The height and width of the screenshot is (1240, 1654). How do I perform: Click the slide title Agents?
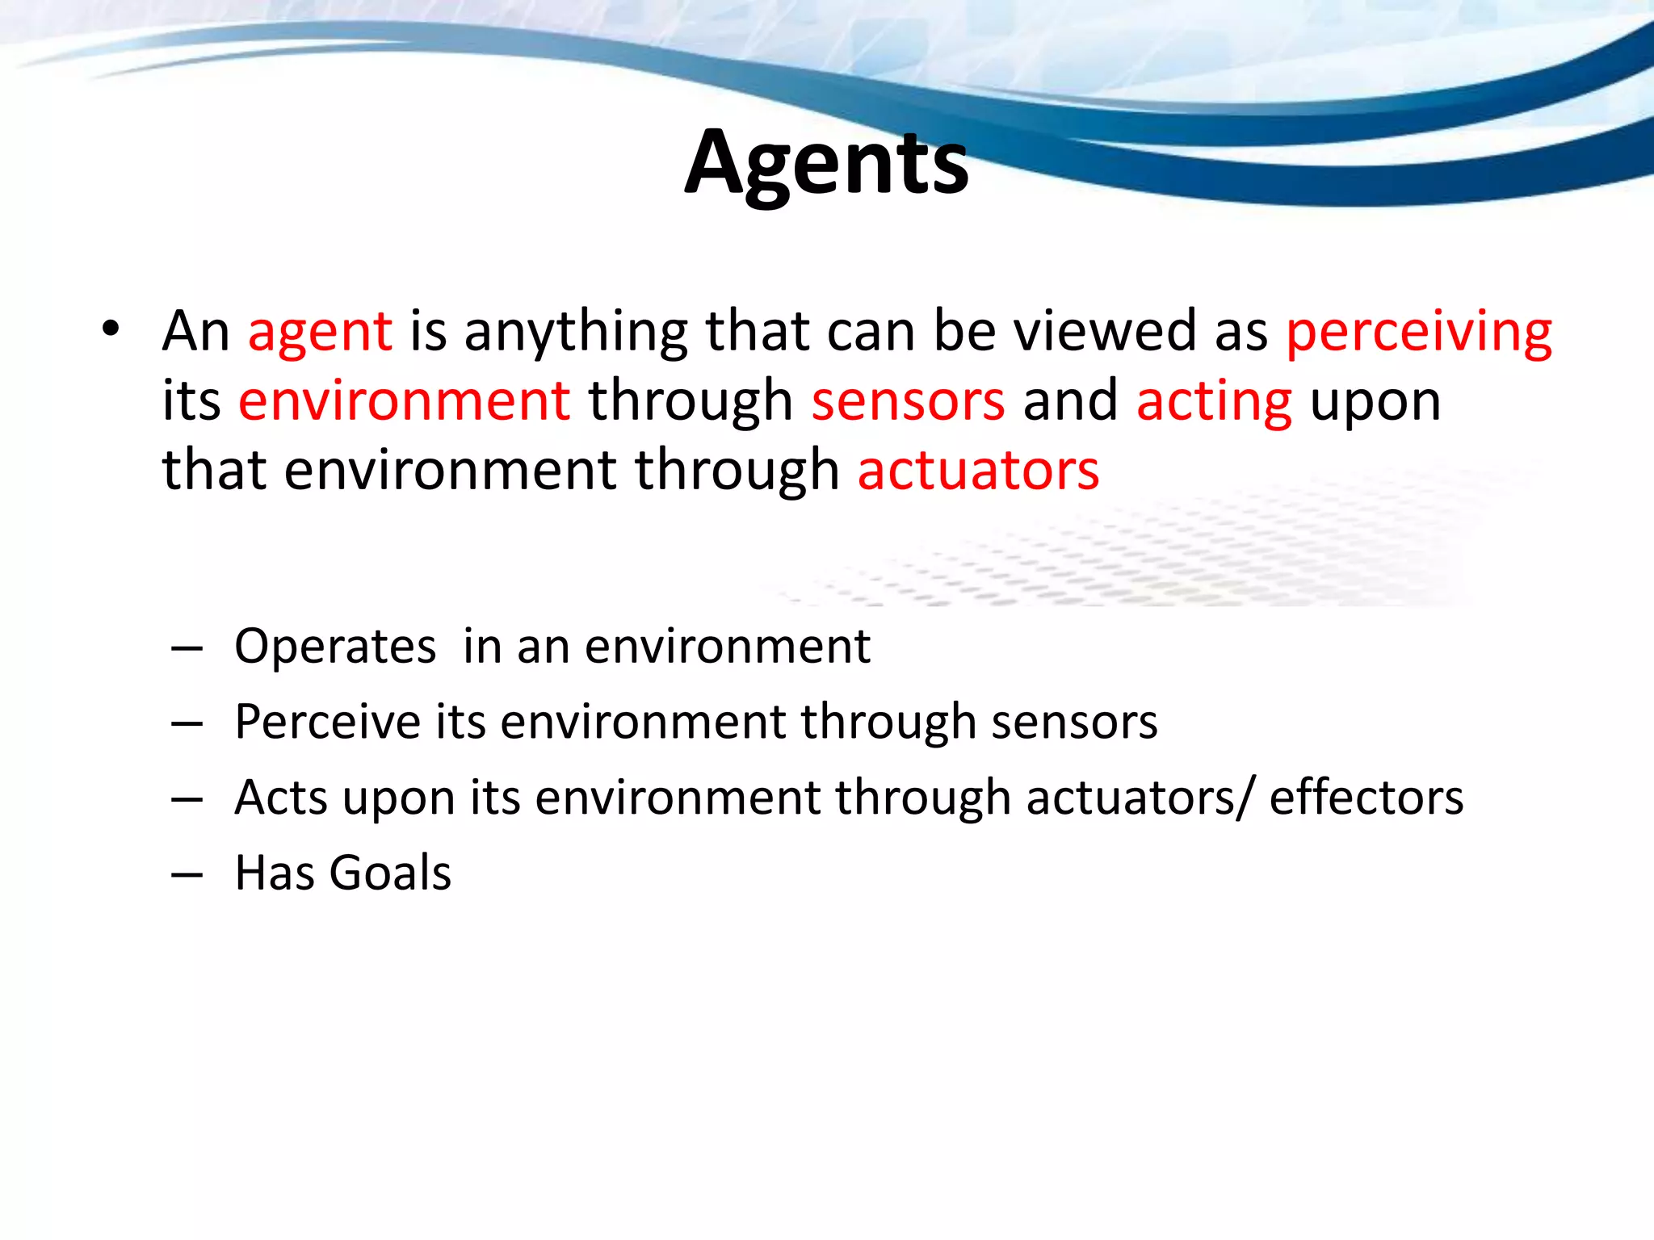[826, 165]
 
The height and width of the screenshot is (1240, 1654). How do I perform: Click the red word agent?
[320, 333]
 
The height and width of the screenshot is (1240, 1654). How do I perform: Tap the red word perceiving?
[1418, 333]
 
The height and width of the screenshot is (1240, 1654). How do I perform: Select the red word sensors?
[908, 402]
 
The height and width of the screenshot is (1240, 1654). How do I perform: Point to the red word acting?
[1214, 402]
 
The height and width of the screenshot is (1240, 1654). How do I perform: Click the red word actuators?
[977, 471]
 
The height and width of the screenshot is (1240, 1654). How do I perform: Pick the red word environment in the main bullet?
[404, 402]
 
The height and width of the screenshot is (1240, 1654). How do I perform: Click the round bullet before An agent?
[111, 329]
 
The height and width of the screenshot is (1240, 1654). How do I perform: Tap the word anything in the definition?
[576, 333]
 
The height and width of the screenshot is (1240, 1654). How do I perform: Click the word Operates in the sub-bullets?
[335, 648]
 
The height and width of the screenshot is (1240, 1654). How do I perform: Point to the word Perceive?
[327, 722]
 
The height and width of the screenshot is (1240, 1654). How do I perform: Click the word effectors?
[1366, 798]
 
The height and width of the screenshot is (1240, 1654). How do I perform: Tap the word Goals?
[390, 873]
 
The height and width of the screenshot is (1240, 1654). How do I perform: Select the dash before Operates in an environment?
[187, 648]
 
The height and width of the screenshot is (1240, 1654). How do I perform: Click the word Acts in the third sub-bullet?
[280, 798]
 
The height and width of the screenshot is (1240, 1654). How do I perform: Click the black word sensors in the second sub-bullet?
[1074, 722]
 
